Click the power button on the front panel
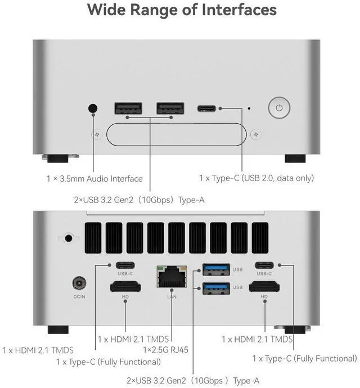pos(279,107)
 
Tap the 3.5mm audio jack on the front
pos(93,108)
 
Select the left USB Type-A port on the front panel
pos(128,109)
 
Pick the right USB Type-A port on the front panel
pos(170,109)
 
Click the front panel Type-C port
pos(206,109)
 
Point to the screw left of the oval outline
pos(97,134)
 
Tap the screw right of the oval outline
pos(256,134)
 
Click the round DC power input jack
pos(79,283)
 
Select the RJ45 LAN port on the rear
pos(172,277)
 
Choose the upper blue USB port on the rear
pos(216,269)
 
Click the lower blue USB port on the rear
pos(216,288)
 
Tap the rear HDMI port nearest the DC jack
pos(125,287)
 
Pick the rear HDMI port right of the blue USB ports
pos(264,287)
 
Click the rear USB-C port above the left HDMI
pos(125,265)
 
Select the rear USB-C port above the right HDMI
pos(264,265)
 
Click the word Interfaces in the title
pos(239,10)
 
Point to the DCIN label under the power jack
pos(79,296)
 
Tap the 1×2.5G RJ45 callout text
pos(165,350)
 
